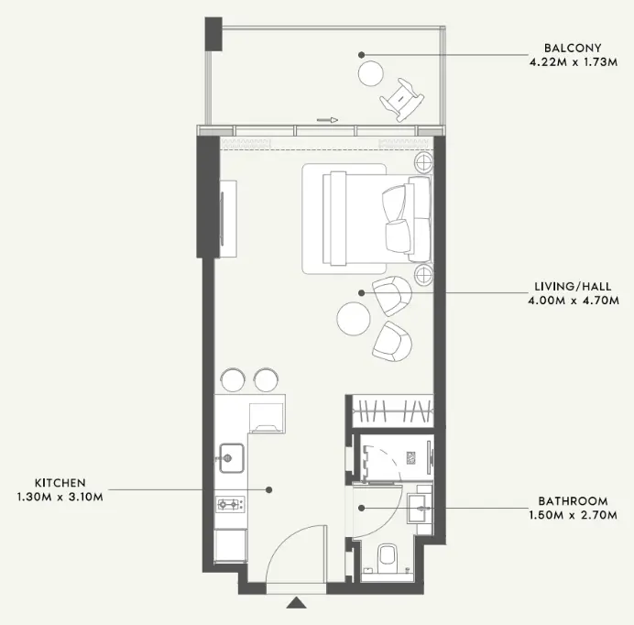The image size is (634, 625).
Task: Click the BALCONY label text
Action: (x=573, y=49)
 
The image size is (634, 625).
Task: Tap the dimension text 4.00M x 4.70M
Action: (x=574, y=301)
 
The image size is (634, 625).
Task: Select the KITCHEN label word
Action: (x=60, y=483)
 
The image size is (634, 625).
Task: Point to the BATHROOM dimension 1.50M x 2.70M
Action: (x=574, y=515)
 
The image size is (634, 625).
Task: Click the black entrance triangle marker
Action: (x=296, y=602)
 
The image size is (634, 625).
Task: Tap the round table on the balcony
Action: (x=370, y=73)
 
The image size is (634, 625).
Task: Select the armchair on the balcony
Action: (x=402, y=100)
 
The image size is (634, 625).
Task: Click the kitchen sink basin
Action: (x=232, y=458)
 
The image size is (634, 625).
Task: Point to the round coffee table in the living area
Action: (x=354, y=318)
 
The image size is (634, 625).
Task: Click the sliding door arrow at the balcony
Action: (x=327, y=120)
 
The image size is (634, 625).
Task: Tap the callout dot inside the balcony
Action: (x=362, y=55)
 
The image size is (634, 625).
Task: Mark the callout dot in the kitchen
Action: (x=268, y=490)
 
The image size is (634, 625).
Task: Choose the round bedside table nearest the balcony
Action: (x=423, y=162)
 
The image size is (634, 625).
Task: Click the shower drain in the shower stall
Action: (x=411, y=457)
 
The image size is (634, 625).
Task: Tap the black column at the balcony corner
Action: (x=213, y=34)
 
